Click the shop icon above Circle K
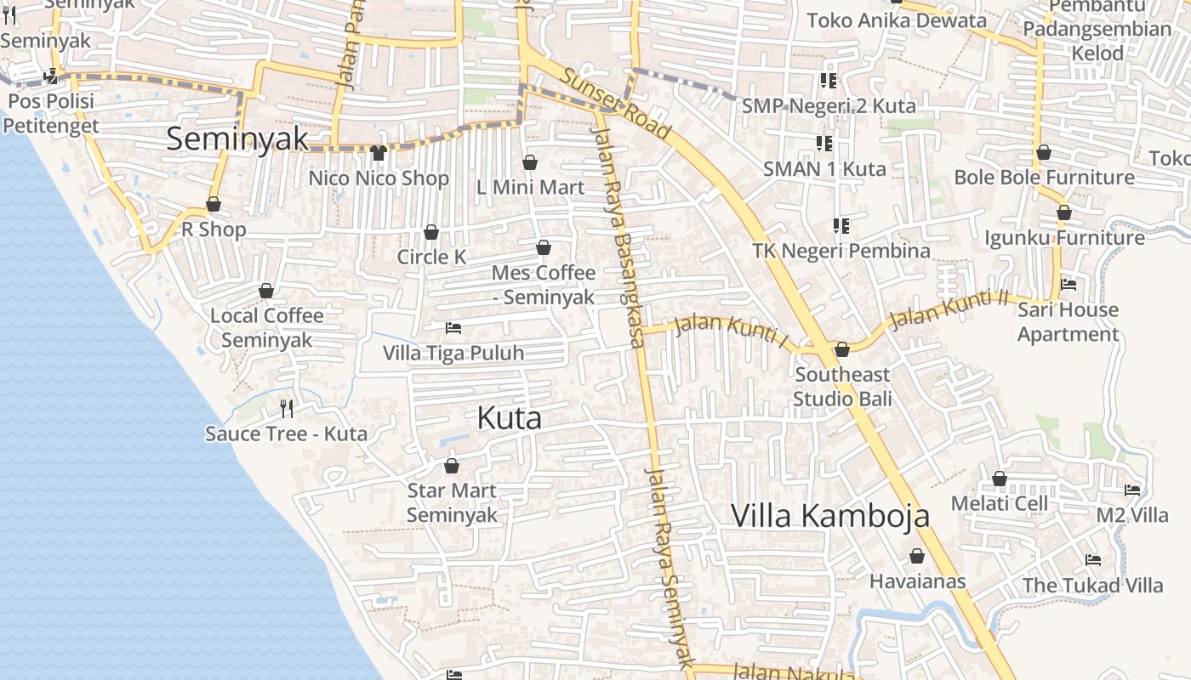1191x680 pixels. (x=431, y=232)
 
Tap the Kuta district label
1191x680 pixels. (x=510, y=418)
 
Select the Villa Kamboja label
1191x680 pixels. (x=830, y=516)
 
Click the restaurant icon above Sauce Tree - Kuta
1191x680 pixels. (x=287, y=409)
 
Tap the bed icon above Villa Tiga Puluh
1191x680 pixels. (x=453, y=327)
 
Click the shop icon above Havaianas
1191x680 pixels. (x=917, y=557)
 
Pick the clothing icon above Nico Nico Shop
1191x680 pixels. (x=379, y=153)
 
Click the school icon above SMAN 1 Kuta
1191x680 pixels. (x=823, y=143)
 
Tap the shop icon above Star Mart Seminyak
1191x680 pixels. (x=452, y=466)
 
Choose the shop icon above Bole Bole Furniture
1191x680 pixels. (x=1044, y=152)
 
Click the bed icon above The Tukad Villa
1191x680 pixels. (x=1093, y=560)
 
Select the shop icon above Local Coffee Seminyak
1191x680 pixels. (x=266, y=291)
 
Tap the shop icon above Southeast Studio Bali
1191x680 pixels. (x=842, y=349)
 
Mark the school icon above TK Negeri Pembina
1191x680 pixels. (x=841, y=225)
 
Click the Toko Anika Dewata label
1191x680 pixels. (x=897, y=20)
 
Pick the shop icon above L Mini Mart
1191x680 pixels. (x=530, y=162)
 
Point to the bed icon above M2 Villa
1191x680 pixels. (x=1132, y=490)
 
